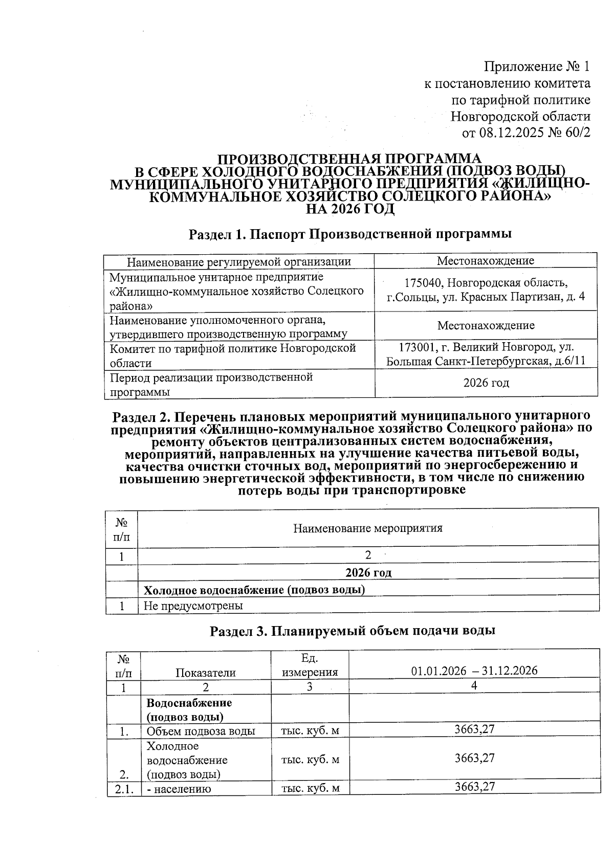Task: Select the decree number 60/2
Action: click(x=578, y=133)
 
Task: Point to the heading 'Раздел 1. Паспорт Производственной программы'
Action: click(x=350, y=234)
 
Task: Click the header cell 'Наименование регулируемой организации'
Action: click(x=238, y=262)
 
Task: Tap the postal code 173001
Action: click(x=415, y=347)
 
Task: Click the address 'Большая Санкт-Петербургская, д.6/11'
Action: click(x=486, y=361)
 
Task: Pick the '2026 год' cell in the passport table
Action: click(x=486, y=383)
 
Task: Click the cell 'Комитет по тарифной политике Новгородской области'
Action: click(x=233, y=355)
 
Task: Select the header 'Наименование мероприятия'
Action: click(x=367, y=528)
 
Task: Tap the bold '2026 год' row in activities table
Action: click(x=368, y=572)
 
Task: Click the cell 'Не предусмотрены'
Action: click(x=193, y=606)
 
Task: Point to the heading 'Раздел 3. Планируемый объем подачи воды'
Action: click(x=353, y=631)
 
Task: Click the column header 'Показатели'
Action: click(x=205, y=673)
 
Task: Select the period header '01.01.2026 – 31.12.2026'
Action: click(x=474, y=671)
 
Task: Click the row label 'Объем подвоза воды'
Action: click(x=201, y=731)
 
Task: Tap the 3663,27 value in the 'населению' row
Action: click(x=474, y=787)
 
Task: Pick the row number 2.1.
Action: click(x=124, y=789)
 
